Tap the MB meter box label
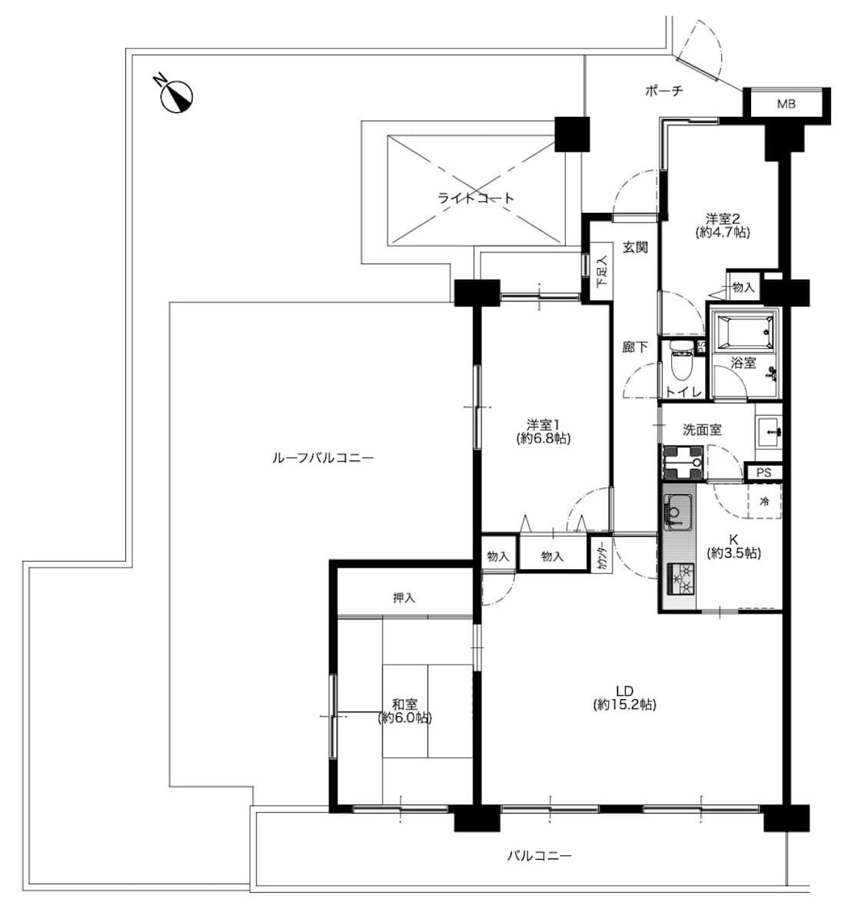coord(786,104)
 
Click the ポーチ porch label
coord(663,91)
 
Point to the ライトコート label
coord(476,198)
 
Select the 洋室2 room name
coord(723,217)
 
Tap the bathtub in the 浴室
coord(745,332)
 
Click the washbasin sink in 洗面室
coord(770,432)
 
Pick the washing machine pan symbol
coord(683,462)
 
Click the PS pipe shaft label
coord(763,473)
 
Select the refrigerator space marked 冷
coord(764,502)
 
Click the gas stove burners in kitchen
coord(680,579)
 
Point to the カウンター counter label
coord(602,556)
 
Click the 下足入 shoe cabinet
coord(600,271)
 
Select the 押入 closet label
coord(404,598)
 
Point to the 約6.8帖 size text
coord(543,438)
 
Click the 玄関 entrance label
coord(635,247)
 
